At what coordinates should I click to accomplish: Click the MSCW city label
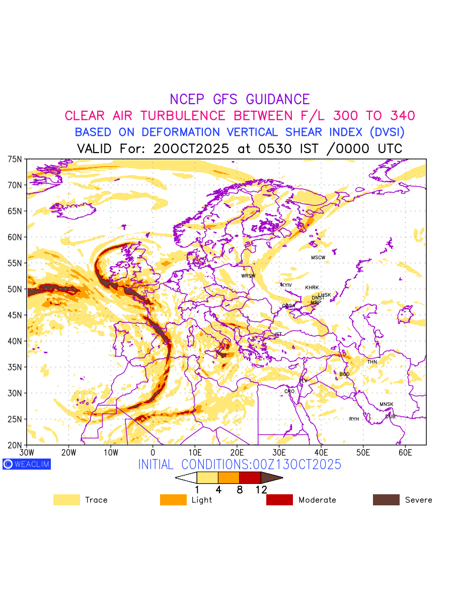(x=318, y=258)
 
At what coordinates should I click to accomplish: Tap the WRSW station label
(x=248, y=276)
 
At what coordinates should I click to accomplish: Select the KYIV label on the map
(x=286, y=285)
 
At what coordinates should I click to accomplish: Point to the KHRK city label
(x=312, y=288)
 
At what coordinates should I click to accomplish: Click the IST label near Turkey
(x=278, y=334)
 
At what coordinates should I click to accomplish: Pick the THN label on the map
(x=372, y=362)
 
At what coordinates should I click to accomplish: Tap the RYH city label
(x=354, y=419)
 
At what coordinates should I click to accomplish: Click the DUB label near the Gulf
(x=390, y=416)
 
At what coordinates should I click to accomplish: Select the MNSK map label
(x=387, y=404)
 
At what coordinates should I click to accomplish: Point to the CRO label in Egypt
(x=289, y=391)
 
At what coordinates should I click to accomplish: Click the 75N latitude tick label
(x=15, y=159)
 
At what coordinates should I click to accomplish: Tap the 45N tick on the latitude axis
(x=15, y=315)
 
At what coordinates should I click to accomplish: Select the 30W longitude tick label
(x=26, y=452)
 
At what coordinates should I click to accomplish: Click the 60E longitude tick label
(x=405, y=452)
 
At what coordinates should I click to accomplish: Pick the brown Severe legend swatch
(x=386, y=500)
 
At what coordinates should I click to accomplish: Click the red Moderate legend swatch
(x=279, y=500)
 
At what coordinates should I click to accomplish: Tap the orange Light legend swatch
(x=173, y=500)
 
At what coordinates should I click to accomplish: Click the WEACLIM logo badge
(x=27, y=464)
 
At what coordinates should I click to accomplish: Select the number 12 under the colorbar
(x=261, y=489)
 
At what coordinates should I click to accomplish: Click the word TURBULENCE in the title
(x=183, y=116)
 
